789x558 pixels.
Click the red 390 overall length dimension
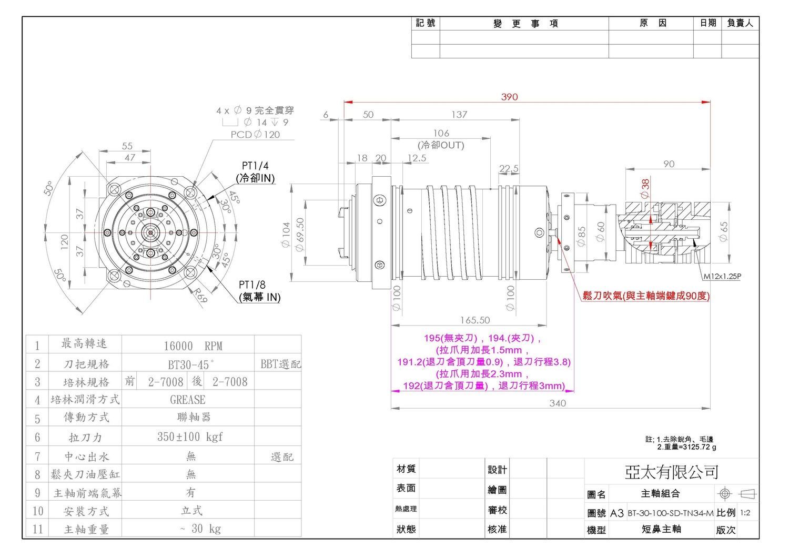click(x=509, y=97)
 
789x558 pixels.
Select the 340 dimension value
click(x=557, y=403)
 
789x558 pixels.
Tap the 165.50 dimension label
click(x=475, y=320)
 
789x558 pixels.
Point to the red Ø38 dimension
click(x=645, y=188)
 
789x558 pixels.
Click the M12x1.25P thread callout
click(x=722, y=276)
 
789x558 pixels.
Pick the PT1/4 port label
click(x=255, y=166)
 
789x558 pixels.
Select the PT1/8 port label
click(x=252, y=285)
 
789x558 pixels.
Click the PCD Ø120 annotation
click(x=255, y=135)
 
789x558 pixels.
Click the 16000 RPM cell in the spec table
click(x=193, y=346)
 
